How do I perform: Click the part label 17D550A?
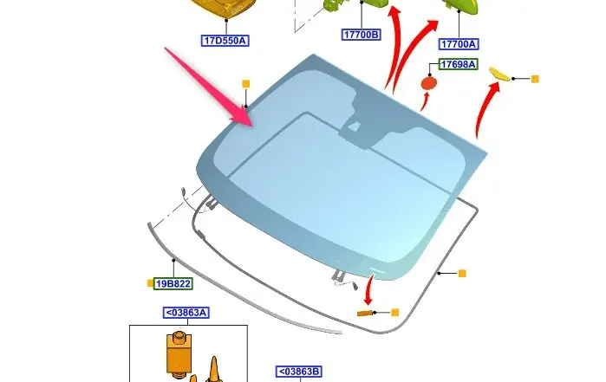[x=225, y=41]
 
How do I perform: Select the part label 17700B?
[x=362, y=35]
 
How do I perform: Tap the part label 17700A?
[x=459, y=44]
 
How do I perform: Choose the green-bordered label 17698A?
[x=459, y=64]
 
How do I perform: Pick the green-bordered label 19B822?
[x=173, y=284]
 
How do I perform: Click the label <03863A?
[x=186, y=313]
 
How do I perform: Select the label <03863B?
[x=299, y=372]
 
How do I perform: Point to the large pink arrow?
[x=209, y=87]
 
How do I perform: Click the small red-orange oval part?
[x=428, y=83]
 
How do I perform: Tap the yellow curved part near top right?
[x=500, y=74]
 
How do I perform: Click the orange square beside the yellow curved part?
[x=535, y=79]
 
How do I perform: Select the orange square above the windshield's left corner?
[x=246, y=83]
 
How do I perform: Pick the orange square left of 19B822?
[x=150, y=283]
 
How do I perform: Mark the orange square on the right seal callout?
[x=462, y=274]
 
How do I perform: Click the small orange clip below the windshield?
[x=364, y=313]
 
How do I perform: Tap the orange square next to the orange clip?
[x=395, y=312]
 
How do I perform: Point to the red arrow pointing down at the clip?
[x=368, y=289]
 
